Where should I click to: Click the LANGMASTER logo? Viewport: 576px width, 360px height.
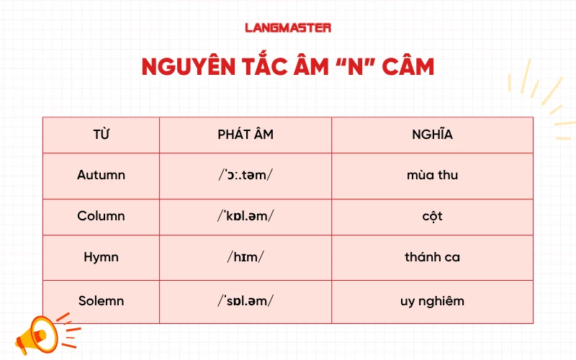[287, 28]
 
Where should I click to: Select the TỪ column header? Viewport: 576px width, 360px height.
[101, 135]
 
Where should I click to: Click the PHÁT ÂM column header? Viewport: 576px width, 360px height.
[246, 135]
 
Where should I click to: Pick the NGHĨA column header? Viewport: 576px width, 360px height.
[432, 135]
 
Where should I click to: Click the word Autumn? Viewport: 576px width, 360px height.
[101, 175]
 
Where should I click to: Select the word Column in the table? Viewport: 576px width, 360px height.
[101, 216]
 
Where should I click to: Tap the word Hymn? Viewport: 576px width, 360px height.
[101, 257]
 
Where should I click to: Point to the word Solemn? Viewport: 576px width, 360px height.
[101, 300]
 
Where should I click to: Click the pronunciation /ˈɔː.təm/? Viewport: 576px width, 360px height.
[246, 175]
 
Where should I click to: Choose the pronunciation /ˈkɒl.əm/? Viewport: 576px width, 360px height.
[246, 216]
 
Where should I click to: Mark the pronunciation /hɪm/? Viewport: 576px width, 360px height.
[246, 257]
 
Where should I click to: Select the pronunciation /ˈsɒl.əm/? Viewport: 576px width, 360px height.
[246, 300]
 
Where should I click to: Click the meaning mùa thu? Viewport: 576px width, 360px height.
[432, 175]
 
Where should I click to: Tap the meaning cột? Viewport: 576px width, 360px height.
[432, 216]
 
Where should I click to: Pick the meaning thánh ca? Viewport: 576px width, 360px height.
[432, 257]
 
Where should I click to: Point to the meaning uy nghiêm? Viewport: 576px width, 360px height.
[432, 300]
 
